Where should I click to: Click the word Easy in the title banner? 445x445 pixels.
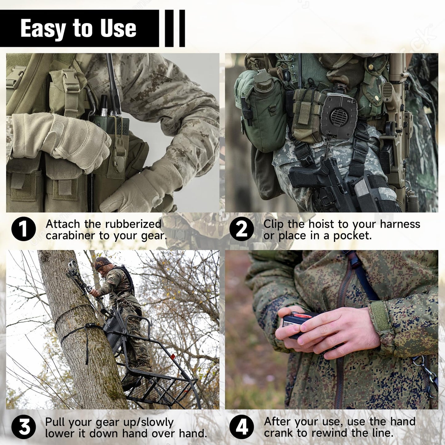tap(43, 29)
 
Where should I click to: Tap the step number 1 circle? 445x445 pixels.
tap(23, 229)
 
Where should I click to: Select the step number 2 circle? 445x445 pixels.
tap(241, 229)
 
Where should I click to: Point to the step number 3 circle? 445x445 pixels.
tap(23, 427)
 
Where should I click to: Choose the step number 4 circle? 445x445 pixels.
tap(241, 427)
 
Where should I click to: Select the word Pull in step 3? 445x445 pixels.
tap(55, 422)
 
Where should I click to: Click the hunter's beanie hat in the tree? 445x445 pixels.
tap(102, 262)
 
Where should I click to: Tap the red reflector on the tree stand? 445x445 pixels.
tap(173, 357)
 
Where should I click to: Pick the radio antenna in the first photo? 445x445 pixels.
tap(113, 80)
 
